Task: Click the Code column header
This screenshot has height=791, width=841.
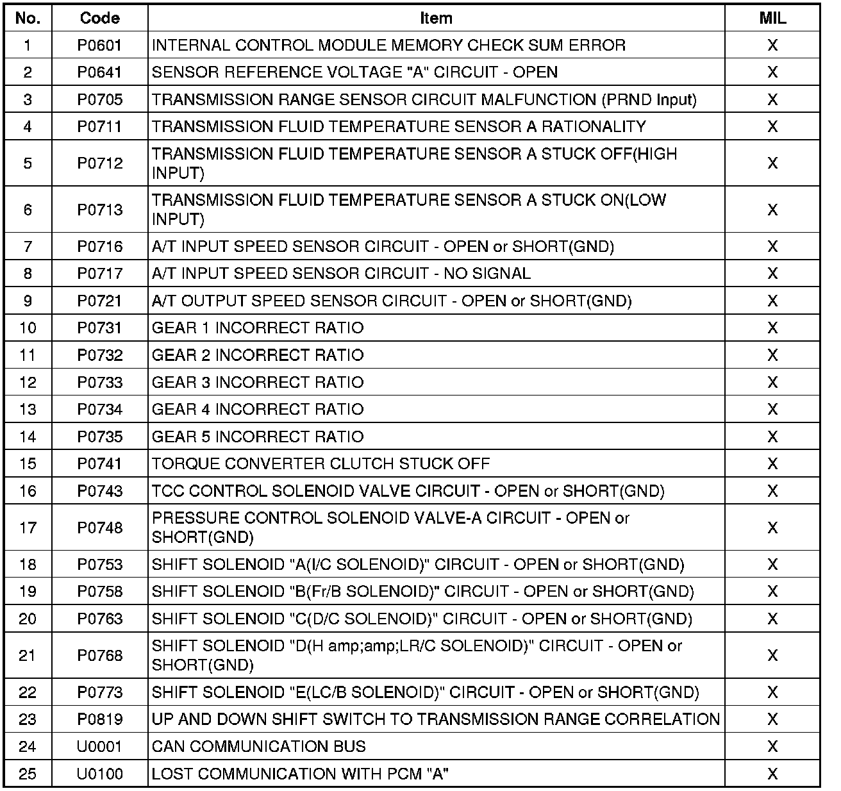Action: [99, 18]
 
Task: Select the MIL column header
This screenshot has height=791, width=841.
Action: [772, 18]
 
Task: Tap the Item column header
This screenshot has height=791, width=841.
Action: [436, 18]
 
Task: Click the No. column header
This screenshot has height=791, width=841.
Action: [28, 18]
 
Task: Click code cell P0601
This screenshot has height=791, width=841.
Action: [99, 46]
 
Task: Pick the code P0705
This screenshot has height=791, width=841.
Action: [99, 100]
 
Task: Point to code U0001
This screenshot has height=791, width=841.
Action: [99, 747]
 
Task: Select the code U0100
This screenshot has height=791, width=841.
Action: [99, 774]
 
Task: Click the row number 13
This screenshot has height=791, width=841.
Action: [28, 410]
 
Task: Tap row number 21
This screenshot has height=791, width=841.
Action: [28, 656]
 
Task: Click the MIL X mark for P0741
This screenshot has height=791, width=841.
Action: [772, 464]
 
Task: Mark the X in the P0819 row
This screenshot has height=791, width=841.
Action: [772, 720]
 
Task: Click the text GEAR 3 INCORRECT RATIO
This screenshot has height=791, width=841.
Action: [258, 383]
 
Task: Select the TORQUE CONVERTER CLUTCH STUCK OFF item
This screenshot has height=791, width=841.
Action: [321, 464]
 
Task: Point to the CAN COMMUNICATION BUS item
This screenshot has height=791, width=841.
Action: [259, 747]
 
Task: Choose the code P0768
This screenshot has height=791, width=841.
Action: [99, 656]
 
